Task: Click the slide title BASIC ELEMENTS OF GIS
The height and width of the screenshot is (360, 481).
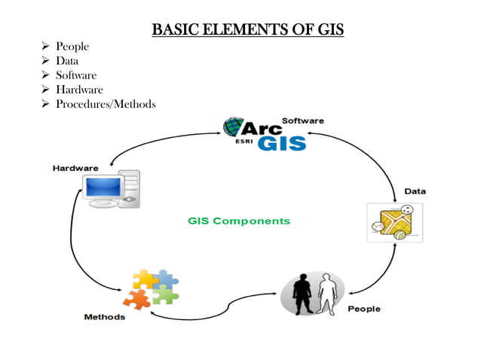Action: pyautogui.click(x=247, y=30)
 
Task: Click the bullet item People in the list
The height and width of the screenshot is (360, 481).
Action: pyautogui.click(x=72, y=47)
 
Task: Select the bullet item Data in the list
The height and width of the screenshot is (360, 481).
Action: pyautogui.click(x=67, y=61)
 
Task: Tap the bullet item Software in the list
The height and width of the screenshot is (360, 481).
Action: pyautogui.click(x=76, y=75)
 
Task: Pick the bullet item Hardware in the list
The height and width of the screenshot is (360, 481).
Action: pyautogui.click(x=79, y=90)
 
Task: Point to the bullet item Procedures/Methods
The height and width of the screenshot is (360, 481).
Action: pyautogui.click(x=106, y=104)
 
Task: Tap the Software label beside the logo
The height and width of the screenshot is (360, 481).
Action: pyautogui.click(x=302, y=121)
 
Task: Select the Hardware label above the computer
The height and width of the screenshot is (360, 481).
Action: pyautogui.click(x=75, y=167)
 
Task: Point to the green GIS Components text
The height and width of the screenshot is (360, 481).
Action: pyautogui.click(x=238, y=221)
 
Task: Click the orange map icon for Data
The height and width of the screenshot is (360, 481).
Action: pyautogui.click(x=394, y=222)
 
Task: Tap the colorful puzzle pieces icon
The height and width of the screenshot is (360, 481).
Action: pyautogui.click(x=155, y=288)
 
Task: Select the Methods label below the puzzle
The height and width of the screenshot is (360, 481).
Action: pyautogui.click(x=104, y=317)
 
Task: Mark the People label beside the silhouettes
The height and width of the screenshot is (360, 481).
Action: pyautogui.click(x=363, y=309)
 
